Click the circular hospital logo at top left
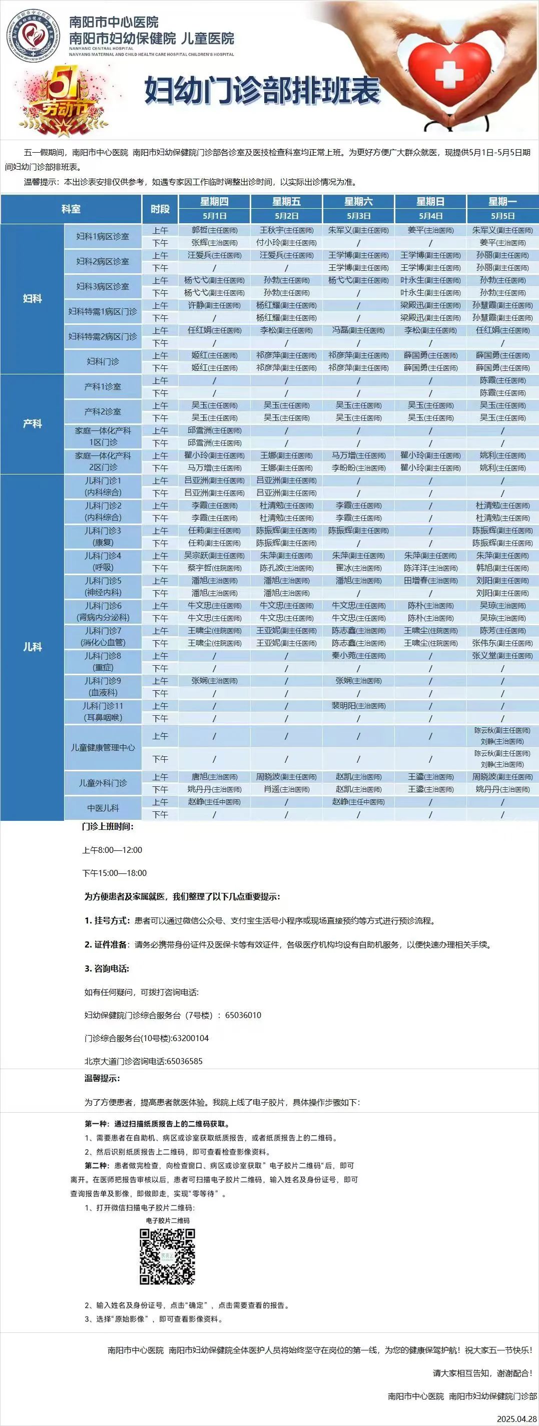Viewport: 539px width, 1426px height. (x=33, y=38)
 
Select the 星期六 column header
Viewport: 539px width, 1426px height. (x=358, y=202)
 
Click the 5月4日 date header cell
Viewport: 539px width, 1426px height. (x=430, y=216)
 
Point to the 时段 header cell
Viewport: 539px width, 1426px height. (x=160, y=209)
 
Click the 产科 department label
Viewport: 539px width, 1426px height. (x=32, y=423)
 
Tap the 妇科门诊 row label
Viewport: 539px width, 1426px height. (x=103, y=361)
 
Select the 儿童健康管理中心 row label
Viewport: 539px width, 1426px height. (x=103, y=747)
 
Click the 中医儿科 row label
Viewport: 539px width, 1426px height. (x=103, y=808)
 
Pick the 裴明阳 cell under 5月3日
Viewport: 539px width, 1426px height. (x=358, y=706)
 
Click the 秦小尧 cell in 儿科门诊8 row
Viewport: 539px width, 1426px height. (x=358, y=655)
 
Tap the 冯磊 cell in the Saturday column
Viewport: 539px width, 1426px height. (x=358, y=330)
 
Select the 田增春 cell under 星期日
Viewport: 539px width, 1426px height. (x=430, y=581)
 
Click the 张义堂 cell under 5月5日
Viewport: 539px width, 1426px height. (x=502, y=655)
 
